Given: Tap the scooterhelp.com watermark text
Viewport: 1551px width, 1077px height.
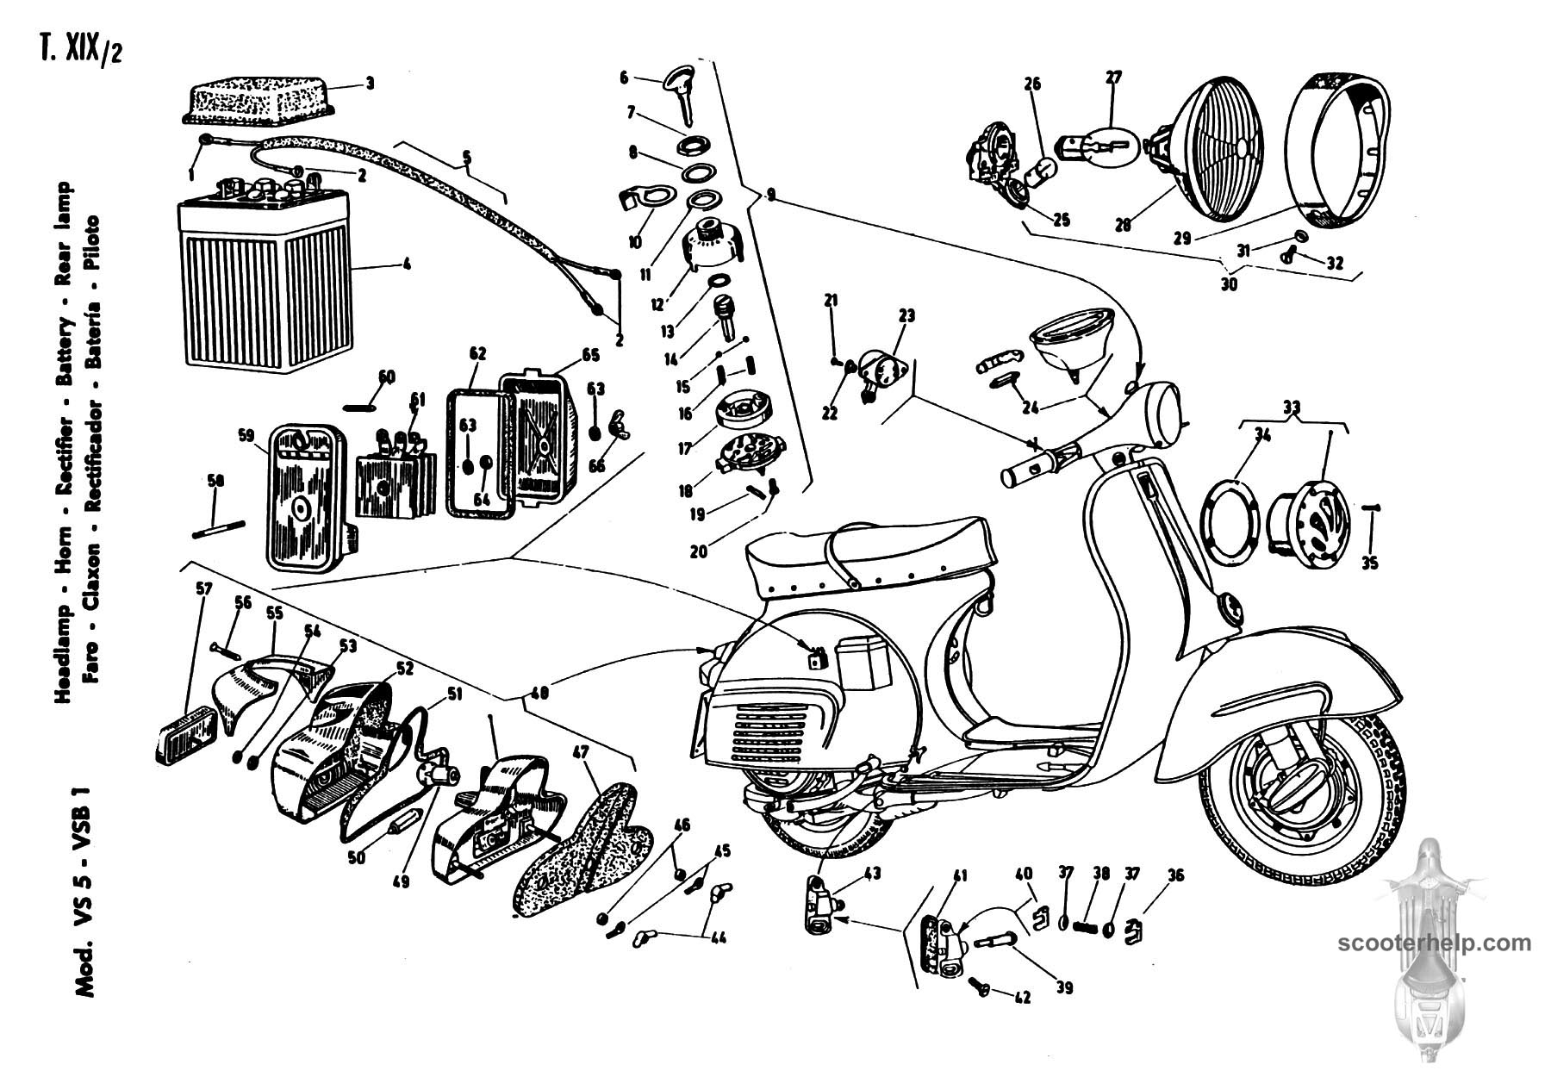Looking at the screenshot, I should click(1436, 943).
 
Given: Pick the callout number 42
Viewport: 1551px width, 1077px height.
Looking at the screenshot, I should click(1023, 998).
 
